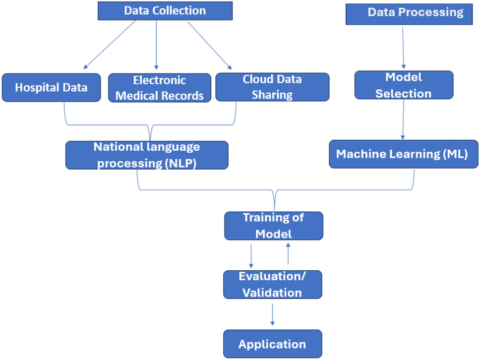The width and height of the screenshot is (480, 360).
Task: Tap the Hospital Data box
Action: (51, 88)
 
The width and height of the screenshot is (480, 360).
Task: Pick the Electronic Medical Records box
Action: (159, 88)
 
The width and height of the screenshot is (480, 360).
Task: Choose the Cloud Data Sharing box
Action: (272, 87)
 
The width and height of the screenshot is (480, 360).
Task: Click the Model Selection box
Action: (403, 85)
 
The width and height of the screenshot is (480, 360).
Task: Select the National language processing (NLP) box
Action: (147, 155)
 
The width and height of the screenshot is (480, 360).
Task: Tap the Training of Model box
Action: (274, 226)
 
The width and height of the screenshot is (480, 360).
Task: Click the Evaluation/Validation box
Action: (273, 285)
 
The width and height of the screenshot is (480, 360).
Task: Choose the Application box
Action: (272, 344)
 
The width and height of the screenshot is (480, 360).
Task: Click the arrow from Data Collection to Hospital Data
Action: (109, 45)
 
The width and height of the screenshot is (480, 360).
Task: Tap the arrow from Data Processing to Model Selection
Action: (403, 47)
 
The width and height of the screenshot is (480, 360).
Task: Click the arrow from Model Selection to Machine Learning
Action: (403, 119)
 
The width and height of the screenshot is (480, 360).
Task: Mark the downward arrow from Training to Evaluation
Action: (251, 254)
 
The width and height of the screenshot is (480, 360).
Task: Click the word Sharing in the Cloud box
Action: (272, 94)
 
